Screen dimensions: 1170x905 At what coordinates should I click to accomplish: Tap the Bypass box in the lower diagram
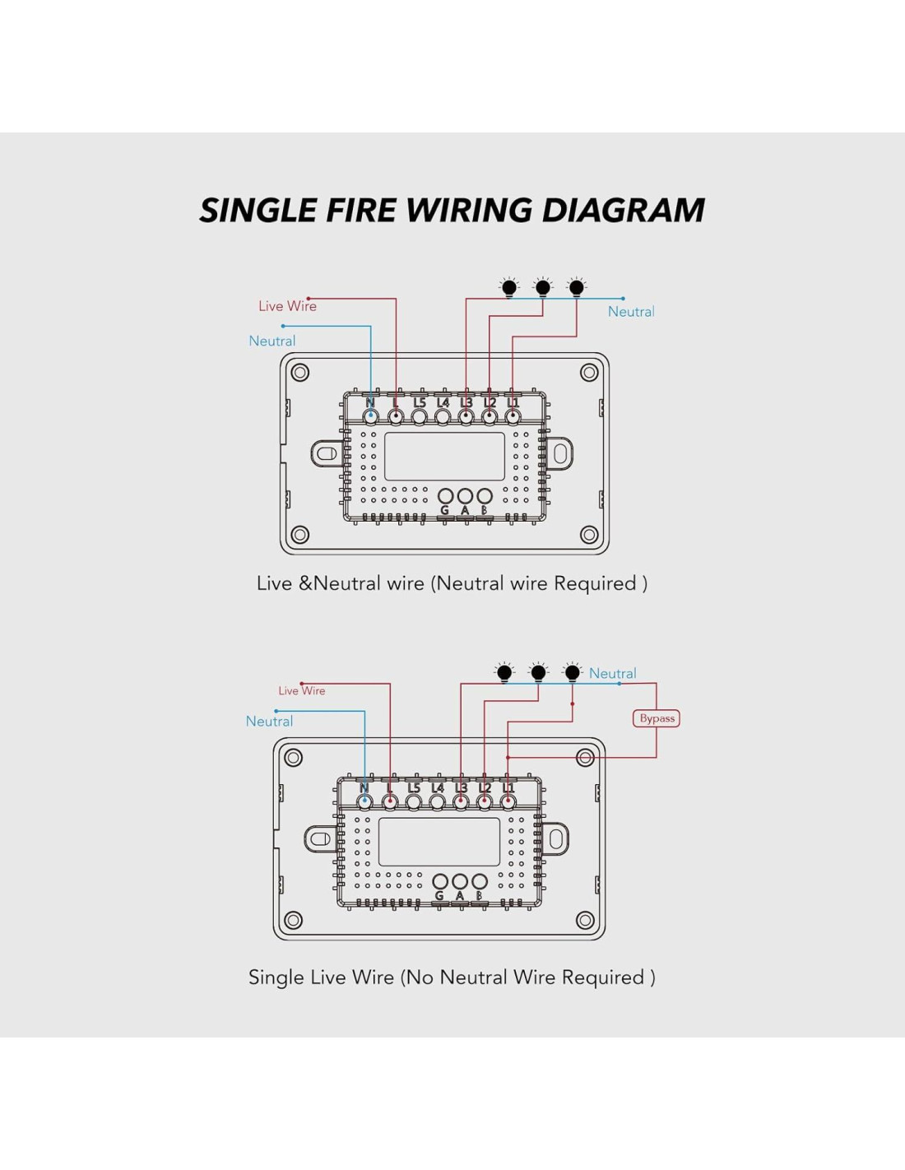(657, 718)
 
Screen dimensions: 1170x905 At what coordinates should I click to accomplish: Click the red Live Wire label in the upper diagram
(287, 306)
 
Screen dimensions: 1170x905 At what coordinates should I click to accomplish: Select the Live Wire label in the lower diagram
(302, 691)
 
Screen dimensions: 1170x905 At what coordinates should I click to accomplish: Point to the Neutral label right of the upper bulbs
(631, 312)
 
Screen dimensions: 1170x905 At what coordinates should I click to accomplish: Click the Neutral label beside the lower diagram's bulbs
(612, 674)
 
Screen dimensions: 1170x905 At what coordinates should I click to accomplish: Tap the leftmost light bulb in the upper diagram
(509, 287)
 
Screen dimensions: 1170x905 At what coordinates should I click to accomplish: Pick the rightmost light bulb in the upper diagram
(577, 287)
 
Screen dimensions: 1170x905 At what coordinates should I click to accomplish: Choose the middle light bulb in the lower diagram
(538, 672)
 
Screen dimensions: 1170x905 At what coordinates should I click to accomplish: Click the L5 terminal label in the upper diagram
(420, 402)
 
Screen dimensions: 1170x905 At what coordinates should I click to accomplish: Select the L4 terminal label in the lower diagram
(438, 788)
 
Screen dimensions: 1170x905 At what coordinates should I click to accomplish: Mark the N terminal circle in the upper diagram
(371, 417)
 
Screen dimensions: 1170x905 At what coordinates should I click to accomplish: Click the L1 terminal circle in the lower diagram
(508, 802)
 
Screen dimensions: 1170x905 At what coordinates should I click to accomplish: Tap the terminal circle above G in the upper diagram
(445, 496)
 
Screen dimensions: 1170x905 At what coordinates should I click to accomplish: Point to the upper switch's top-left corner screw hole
(300, 373)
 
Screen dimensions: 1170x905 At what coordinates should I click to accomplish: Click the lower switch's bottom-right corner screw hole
(586, 920)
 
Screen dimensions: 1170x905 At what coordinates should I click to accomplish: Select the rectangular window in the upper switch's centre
(444, 457)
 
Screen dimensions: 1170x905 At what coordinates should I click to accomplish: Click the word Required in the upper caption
(596, 583)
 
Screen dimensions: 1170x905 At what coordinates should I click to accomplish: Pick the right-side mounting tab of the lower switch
(556, 839)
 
